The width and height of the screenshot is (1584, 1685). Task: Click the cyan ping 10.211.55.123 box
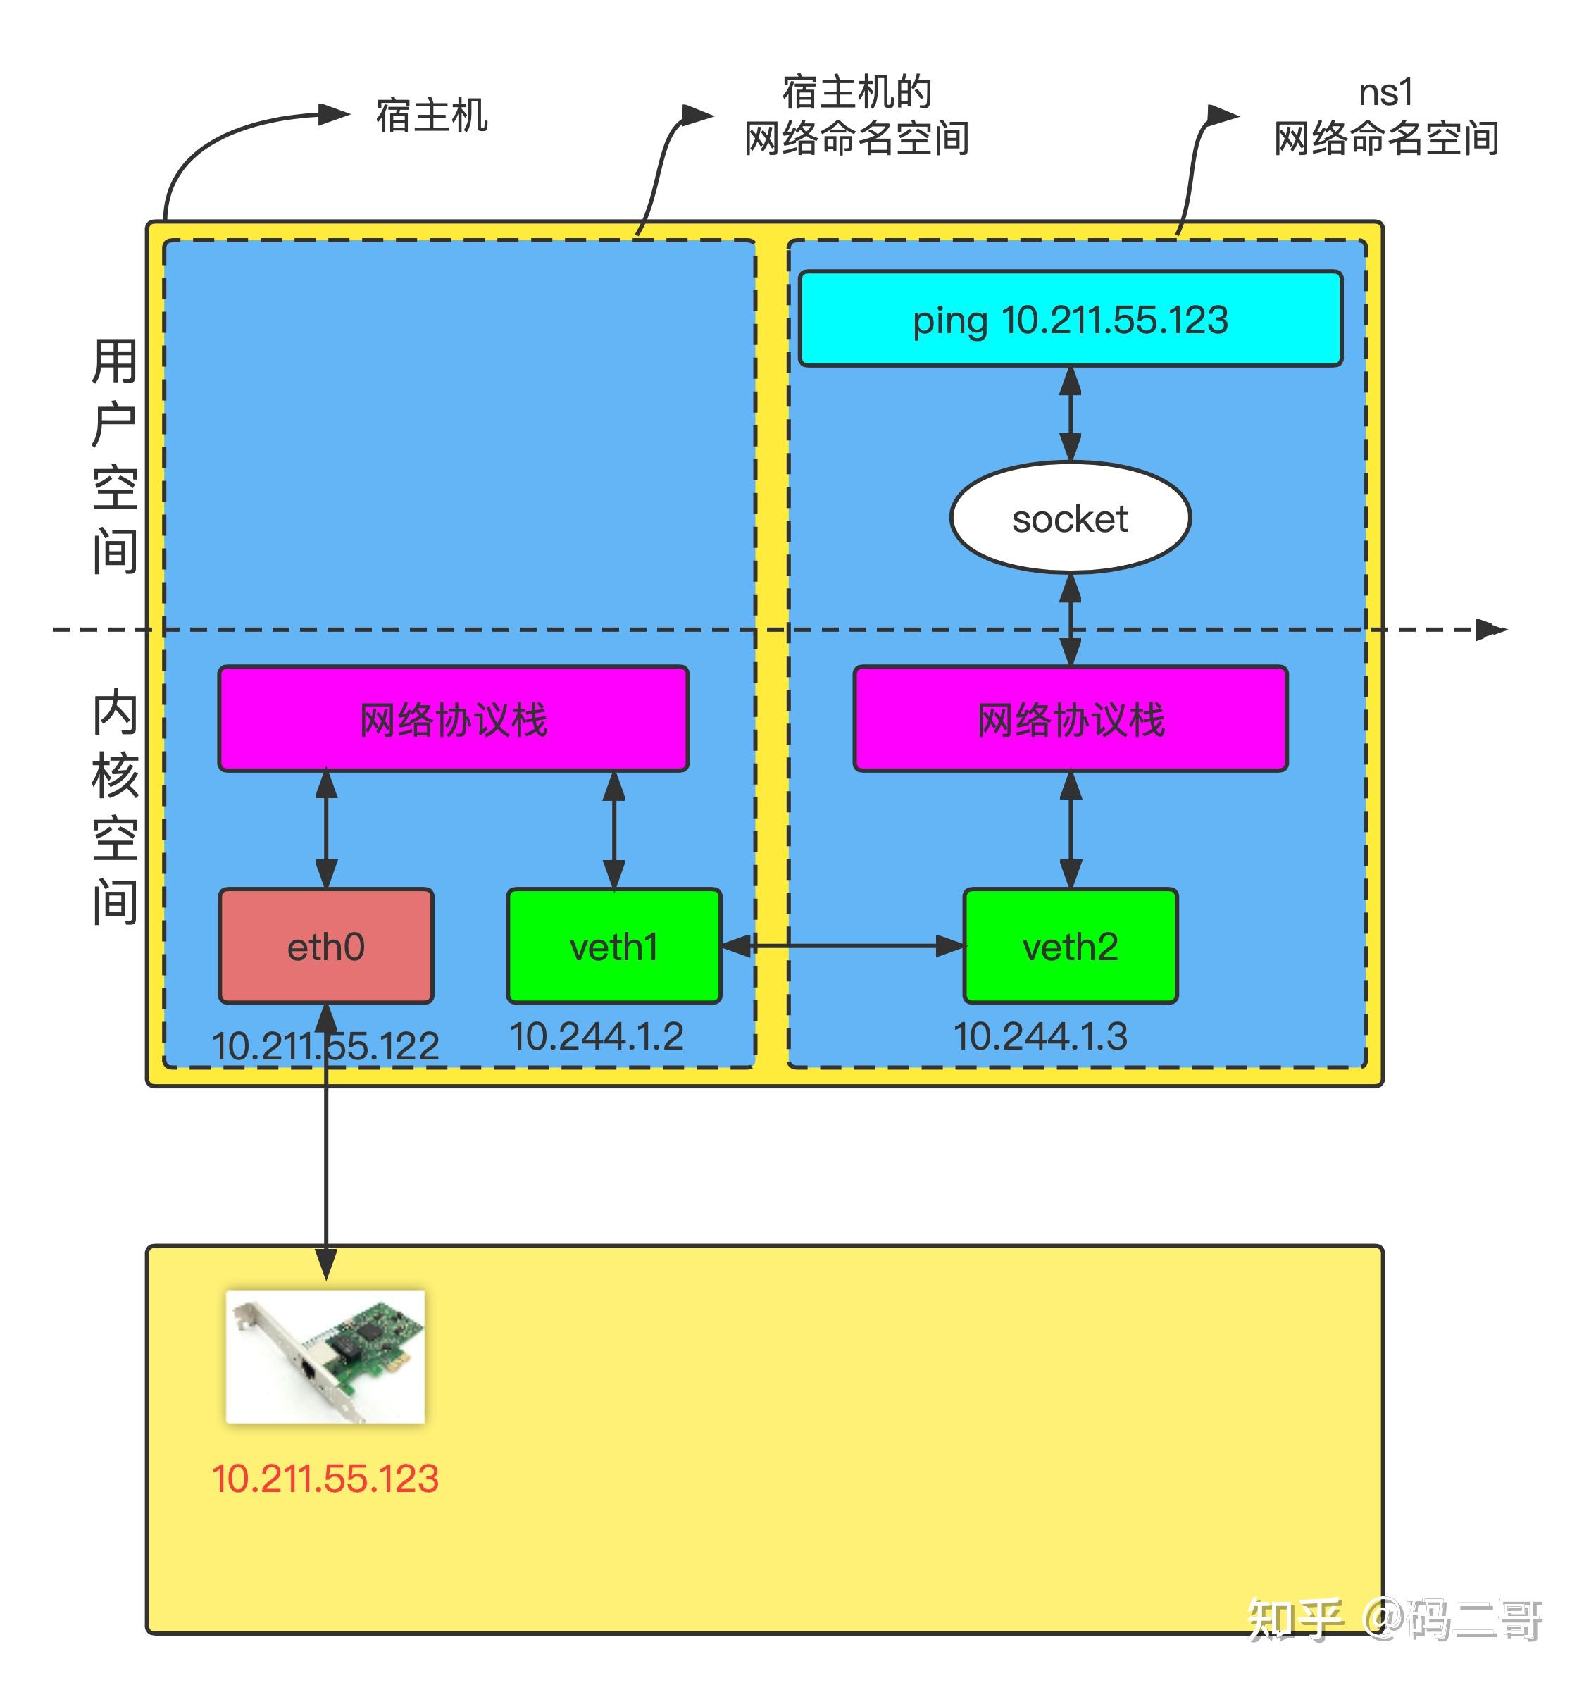pyautogui.click(x=1071, y=318)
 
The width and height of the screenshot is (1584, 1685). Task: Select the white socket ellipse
pyautogui.click(x=1071, y=518)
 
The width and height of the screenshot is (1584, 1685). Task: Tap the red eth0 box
pyautogui.click(x=326, y=946)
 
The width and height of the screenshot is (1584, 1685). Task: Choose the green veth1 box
pyautogui.click(x=614, y=946)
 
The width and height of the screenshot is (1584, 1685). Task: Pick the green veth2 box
pyautogui.click(x=1071, y=946)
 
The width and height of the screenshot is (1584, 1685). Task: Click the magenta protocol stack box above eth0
pyautogui.click(x=454, y=719)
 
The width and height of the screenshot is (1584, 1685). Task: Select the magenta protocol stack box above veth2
pyautogui.click(x=1071, y=719)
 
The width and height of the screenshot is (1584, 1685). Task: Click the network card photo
pyautogui.click(x=325, y=1357)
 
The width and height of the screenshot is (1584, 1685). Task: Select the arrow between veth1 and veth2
pyautogui.click(x=843, y=946)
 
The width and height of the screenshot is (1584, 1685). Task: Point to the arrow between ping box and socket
pyautogui.click(x=1071, y=414)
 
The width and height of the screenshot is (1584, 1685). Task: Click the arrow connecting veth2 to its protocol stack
pyautogui.click(x=1071, y=830)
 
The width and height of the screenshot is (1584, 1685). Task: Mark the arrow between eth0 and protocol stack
pyautogui.click(x=326, y=830)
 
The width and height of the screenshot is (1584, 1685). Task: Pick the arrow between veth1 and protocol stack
pyautogui.click(x=614, y=830)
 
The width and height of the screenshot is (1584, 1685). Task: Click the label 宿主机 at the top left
pyautogui.click(x=432, y=116)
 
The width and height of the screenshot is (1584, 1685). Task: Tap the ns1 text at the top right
pyautogui.click(x=1385, y=92)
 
